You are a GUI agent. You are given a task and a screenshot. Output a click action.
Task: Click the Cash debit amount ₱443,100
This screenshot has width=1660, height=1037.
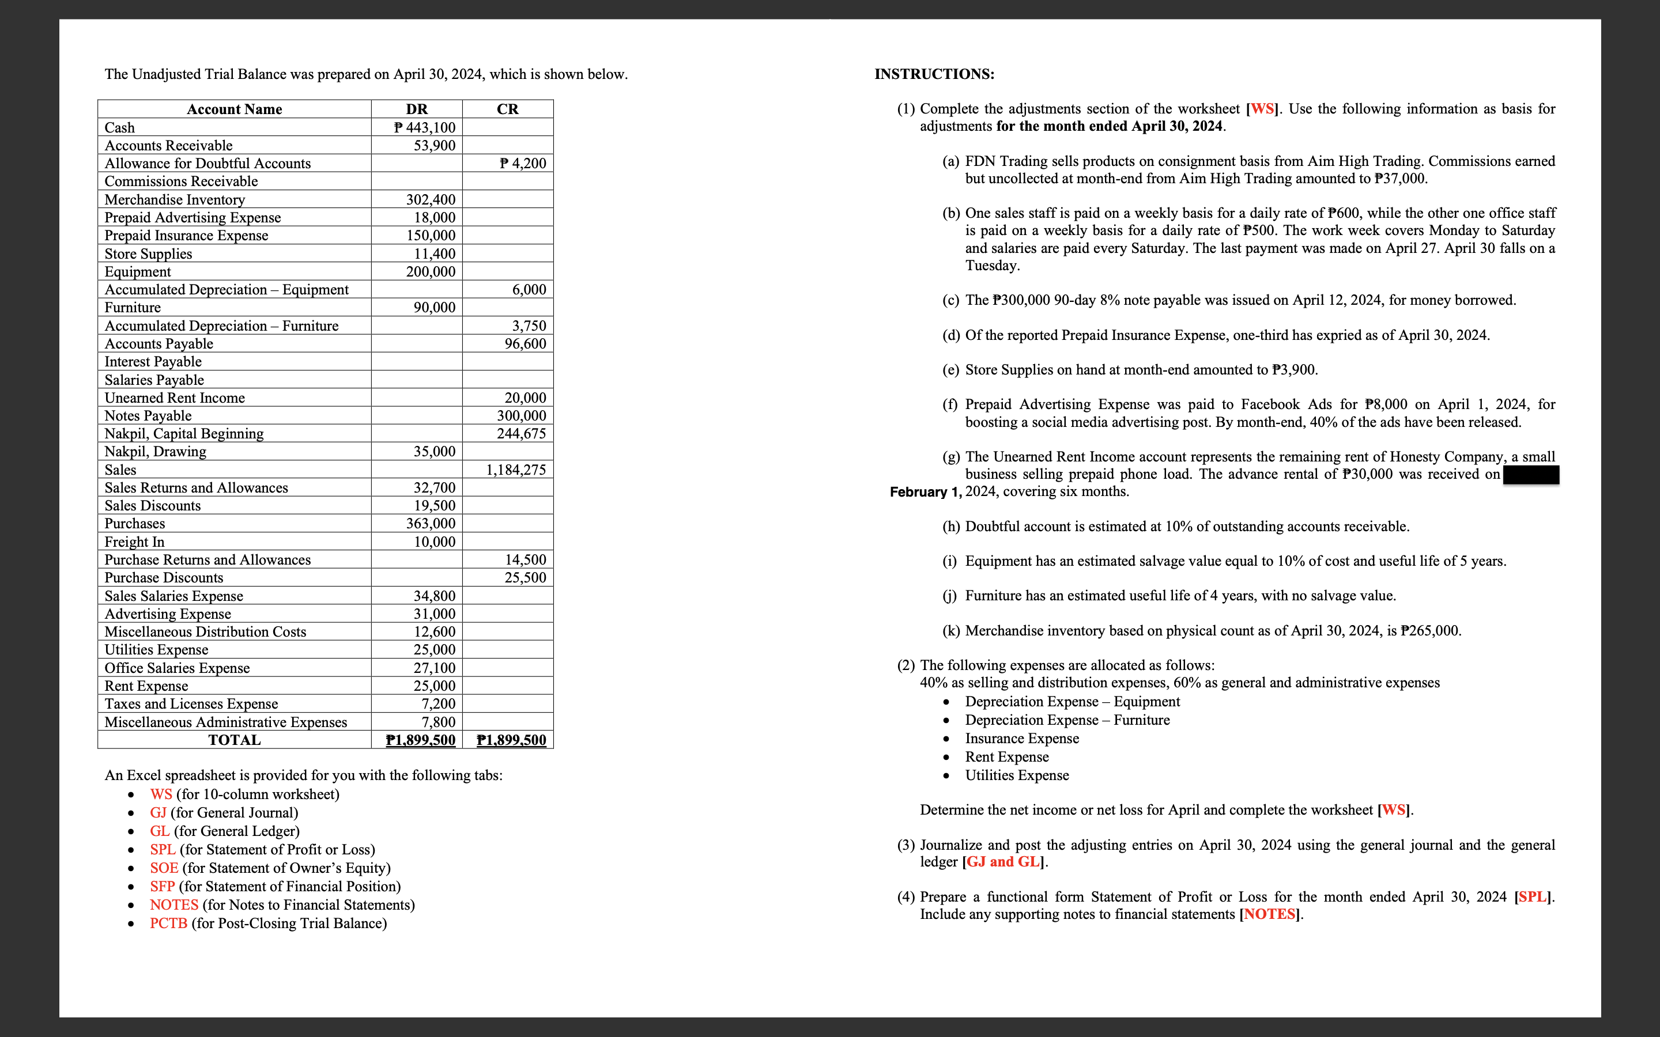pos(425,127)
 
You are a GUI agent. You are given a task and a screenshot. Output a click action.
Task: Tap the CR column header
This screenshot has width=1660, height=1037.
pos(508,109)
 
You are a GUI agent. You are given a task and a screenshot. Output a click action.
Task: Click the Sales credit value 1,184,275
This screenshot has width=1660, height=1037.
pos(516,470)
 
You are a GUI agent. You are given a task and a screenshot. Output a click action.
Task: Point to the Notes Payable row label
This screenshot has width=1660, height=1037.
pos(148,415)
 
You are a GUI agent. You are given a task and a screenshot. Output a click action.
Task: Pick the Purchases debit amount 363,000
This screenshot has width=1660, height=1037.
pos(430,523)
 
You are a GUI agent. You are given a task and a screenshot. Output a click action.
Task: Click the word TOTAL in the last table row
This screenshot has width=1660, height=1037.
pos(235,740)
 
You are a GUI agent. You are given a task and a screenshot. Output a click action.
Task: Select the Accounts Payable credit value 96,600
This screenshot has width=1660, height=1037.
pos(526,343)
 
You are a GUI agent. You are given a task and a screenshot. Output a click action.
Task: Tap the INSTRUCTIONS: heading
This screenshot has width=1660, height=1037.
pos(934,74)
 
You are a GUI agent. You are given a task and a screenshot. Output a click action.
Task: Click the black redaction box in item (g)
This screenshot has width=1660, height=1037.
pos(1530,475)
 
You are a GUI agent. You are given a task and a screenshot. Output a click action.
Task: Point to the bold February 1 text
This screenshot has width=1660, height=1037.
pos(925,492)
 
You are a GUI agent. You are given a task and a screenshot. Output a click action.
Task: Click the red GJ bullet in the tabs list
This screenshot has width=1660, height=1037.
pos(158,813)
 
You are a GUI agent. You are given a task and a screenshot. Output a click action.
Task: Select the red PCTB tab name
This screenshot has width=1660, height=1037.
pos(168,923)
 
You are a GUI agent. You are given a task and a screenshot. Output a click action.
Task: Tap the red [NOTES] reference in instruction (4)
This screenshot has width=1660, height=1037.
pos(1269,914)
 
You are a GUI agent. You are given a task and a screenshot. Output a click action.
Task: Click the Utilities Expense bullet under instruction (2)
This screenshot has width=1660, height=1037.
pos(1017,775)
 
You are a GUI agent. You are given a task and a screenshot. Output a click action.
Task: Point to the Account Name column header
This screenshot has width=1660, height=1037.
pos(235,109)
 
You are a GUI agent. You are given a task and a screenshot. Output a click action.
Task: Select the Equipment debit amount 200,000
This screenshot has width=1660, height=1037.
pos(430,271)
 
